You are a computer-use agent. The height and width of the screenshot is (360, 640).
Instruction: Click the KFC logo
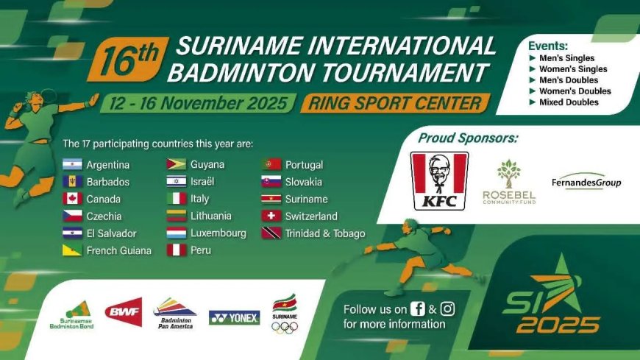click(x=439, y=180)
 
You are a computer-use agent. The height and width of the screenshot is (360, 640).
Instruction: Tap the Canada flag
click(x=72, y=199)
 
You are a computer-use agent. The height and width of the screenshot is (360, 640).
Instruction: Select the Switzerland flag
click(x=271, y=216)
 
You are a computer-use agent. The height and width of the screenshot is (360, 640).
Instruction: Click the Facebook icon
click(x=418, y=308)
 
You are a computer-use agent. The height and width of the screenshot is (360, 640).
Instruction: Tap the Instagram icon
click(x=447, y=308)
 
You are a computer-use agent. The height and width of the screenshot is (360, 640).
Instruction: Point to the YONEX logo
click(x=234, y=318)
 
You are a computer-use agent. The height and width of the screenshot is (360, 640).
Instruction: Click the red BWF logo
click(x=123, y=313)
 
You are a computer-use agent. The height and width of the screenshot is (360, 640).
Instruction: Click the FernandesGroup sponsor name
click(x=586, y=183)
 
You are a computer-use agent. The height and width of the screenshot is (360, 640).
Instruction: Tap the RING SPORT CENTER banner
click(x=394, y=103)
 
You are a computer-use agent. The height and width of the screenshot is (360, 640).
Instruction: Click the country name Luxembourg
click(x=218, y=233)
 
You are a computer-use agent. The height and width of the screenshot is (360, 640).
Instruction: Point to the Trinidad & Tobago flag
click(x=271, y=233)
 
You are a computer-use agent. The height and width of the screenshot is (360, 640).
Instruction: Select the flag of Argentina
click(x=72, y=165)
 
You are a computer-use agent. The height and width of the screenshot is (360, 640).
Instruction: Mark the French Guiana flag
click(x=72, y=250)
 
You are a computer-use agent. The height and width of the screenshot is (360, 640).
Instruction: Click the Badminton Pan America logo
click(x=174, y=314)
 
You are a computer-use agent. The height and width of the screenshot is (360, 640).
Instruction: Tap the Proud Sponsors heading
click(x=468, y=138)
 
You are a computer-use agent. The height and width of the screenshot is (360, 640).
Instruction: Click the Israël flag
click(x=177, y=182)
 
